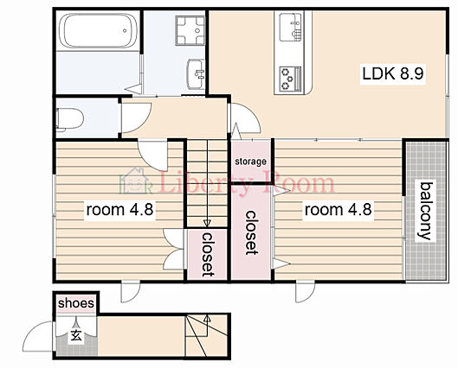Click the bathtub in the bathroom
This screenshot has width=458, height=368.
[98, 30]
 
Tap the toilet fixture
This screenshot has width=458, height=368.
[69, 119]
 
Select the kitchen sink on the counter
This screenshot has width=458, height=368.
[290, 27]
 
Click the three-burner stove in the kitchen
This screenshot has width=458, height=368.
[290, 79]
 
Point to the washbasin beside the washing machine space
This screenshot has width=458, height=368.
[196, 74]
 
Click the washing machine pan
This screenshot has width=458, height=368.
[190, 30]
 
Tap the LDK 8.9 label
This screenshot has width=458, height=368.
[392, 73]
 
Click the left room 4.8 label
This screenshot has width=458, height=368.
[119, 210]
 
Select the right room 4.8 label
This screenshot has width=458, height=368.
[338, 210]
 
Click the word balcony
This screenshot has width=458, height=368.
[425, 211]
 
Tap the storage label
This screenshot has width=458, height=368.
[250, 162]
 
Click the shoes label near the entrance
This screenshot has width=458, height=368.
[76, 303]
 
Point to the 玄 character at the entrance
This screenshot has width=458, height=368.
[76, 336]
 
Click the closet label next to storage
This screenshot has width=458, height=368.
[250, 232]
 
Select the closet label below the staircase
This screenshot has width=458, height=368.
[208, 254]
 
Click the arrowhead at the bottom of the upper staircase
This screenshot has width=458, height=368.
[207, 223]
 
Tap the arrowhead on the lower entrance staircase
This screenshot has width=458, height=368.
[207, 318]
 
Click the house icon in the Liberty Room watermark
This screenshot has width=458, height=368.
[136, 181]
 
